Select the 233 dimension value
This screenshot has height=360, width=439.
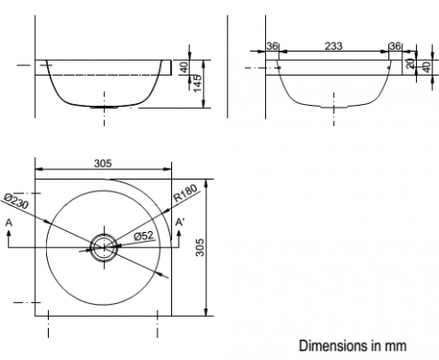click(333, 46)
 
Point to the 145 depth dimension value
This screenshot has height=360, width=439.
click(199, 83)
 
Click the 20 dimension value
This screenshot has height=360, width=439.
click(410, 64)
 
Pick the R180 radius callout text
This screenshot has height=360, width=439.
click(185, 193)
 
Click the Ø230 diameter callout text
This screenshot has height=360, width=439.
click(17, 201)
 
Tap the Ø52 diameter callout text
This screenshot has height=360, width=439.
click(144, 236)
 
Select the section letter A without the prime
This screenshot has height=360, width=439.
click(9, 223)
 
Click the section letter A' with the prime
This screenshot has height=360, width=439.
click(179, 222)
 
